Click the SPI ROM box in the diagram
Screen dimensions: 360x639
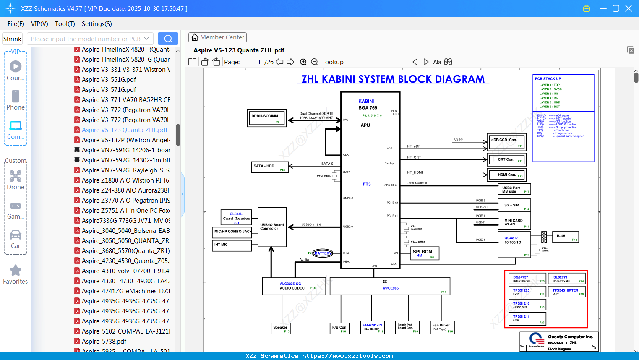coord(425,253)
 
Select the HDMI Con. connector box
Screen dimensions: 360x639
coord(506,175)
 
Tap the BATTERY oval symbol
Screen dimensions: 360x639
coord(322,253)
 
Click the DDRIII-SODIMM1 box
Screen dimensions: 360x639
coord(266,118)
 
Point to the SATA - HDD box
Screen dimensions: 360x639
coord(270,167)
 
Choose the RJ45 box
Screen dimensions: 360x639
coord(566,237)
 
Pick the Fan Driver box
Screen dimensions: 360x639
coord(443,327)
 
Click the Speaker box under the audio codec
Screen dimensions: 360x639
coord(281,328)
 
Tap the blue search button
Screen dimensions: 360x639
coord(168,39)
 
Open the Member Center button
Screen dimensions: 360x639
coord(217,37)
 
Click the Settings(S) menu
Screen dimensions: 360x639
coord(97,24)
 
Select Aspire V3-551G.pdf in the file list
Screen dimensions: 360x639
coord(109,79)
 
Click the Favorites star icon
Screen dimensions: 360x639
coord(16,271)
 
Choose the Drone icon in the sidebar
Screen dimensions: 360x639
coord(16,176)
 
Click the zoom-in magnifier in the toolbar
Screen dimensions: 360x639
coord(303,62)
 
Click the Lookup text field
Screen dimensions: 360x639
coord(378,62)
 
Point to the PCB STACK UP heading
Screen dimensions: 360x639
coord(548,78)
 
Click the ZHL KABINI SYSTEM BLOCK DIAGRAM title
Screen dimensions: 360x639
coord(393,79)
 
